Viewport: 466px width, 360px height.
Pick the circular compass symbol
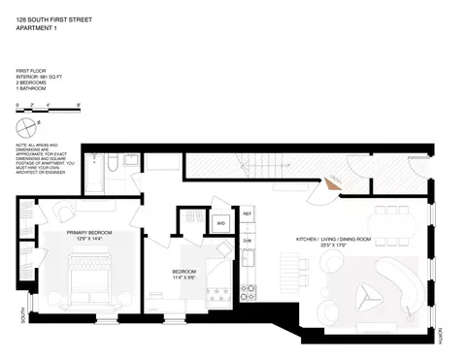point(35,123)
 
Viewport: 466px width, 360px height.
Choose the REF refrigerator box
point(248,213)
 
